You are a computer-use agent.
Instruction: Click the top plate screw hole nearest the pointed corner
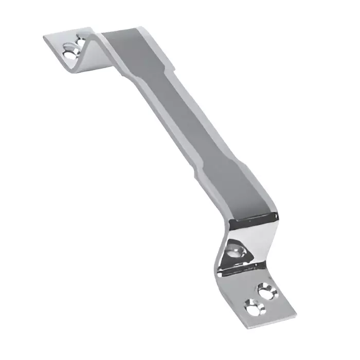68,51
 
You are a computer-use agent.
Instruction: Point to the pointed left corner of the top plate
43,37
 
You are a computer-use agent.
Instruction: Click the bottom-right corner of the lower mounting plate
297,315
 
